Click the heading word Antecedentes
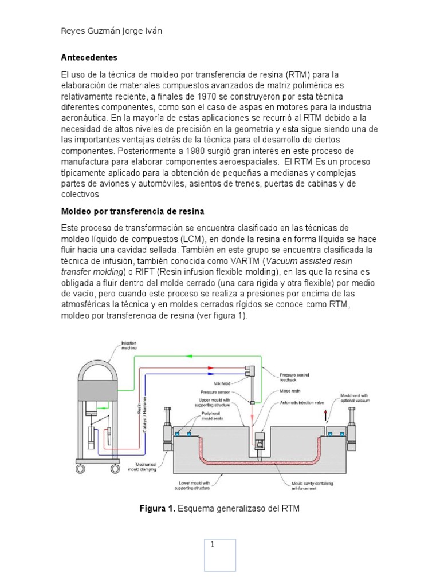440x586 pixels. [x=89, y=58]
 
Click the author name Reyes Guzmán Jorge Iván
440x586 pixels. [x=111, y=31]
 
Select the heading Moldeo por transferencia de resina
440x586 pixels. [x=132, y=212]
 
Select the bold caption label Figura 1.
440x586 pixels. [x=159, y=508]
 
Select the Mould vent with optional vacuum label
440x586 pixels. [x=357, y=397]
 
